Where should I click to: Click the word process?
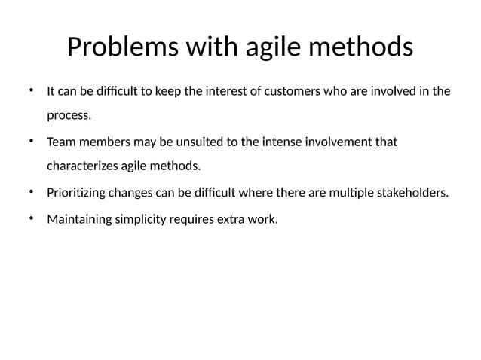coord(69,116)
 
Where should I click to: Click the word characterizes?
coord(82,166)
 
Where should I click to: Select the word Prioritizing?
coord(75,192)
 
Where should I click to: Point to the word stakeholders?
coord(413,192)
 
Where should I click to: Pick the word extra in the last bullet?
coord(230,221)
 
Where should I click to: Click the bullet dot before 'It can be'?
coord(31,91)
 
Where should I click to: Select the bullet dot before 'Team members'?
coord(31,141)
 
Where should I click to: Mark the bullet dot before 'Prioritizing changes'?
coord(31,191)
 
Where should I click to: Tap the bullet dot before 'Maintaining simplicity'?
coord(31,220)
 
